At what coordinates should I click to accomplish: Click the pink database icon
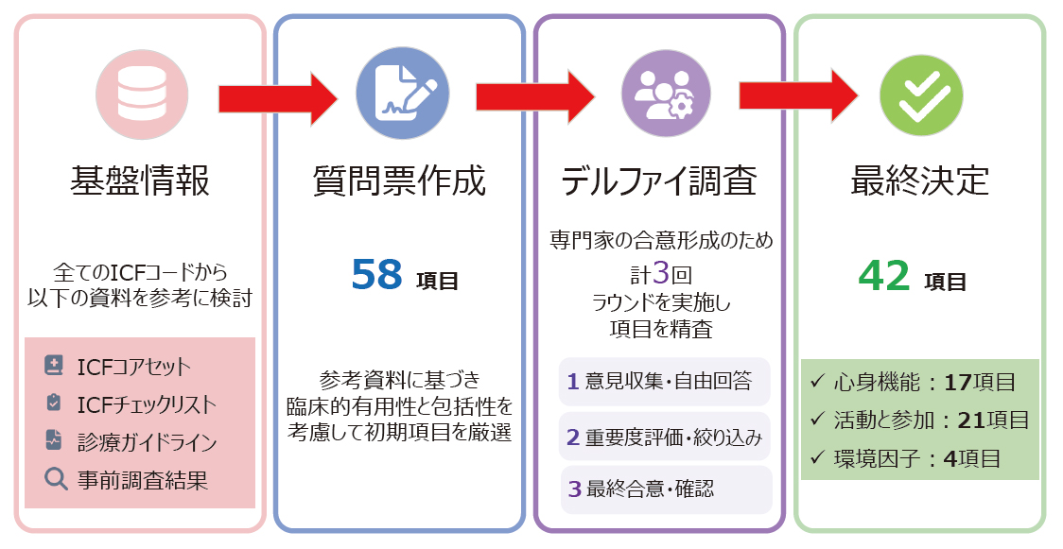142,95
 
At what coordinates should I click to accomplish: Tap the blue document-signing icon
401,95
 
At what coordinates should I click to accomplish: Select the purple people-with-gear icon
660,95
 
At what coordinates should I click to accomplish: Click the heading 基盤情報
140,180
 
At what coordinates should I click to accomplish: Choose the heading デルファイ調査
659,180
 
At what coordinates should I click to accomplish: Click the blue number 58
377,275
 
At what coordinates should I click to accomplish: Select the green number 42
884,275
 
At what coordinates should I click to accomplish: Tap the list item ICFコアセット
133,367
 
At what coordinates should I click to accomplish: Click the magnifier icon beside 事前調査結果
55,479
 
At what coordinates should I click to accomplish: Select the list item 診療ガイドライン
147,441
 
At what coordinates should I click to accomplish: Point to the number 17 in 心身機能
958,382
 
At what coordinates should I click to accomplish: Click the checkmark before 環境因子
817,459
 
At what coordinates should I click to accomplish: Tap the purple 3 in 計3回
661,273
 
